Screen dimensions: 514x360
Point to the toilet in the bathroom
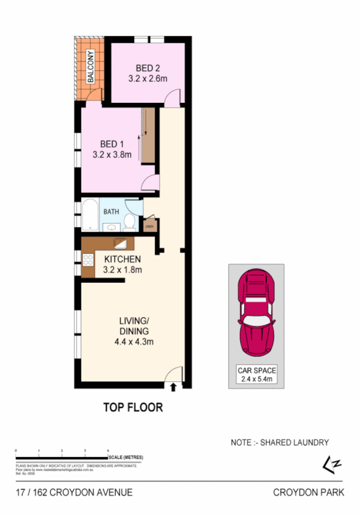coord(129,222)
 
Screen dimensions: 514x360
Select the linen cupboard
coord(149,226)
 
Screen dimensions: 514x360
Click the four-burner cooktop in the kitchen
coord(87,261)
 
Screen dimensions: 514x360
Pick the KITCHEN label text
coord(122,259)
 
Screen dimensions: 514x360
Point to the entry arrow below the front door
coord(173,387)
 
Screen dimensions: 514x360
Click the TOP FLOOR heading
coord(133,407)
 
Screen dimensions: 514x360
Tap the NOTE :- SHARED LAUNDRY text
coord(280,442)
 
